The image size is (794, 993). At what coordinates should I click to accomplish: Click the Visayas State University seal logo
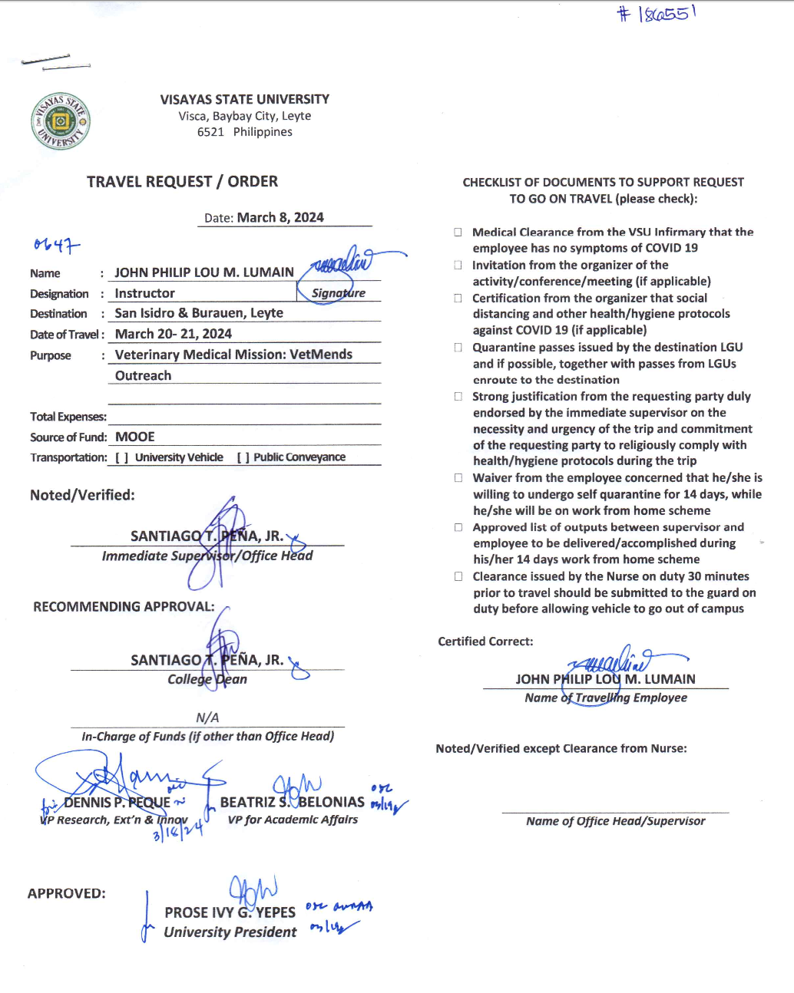[61, 121]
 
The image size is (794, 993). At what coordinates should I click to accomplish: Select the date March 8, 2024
[280, 218]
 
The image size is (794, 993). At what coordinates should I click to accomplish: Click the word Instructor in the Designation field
[144, 293]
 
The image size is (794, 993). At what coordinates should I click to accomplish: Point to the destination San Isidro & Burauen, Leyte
[199, 313]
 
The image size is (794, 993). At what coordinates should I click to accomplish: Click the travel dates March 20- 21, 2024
[173, 334]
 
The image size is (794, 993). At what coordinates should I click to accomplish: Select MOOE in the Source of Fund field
[135, 437]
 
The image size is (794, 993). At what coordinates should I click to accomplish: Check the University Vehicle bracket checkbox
[121, 458]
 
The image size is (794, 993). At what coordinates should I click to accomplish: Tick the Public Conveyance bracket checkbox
[243, 458]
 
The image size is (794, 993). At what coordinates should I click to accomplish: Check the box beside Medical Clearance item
[458, 232]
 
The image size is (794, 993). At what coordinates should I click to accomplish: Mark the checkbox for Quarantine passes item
[458, 348]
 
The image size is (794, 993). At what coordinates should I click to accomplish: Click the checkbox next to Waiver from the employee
[458, 477]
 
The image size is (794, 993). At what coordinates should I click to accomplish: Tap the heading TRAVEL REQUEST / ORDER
[182, 182]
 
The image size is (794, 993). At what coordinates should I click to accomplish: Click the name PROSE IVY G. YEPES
[230, 912]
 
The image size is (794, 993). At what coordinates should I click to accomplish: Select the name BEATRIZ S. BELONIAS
[292, 803]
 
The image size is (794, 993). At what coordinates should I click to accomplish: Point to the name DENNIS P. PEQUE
[117, 803]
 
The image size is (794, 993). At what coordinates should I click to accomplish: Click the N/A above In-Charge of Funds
[207, 718]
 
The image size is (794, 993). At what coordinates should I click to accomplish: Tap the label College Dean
[207, 679]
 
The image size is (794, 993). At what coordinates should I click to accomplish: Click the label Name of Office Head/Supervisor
[615, 821]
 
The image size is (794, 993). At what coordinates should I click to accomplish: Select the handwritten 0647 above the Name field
[56, 246]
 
